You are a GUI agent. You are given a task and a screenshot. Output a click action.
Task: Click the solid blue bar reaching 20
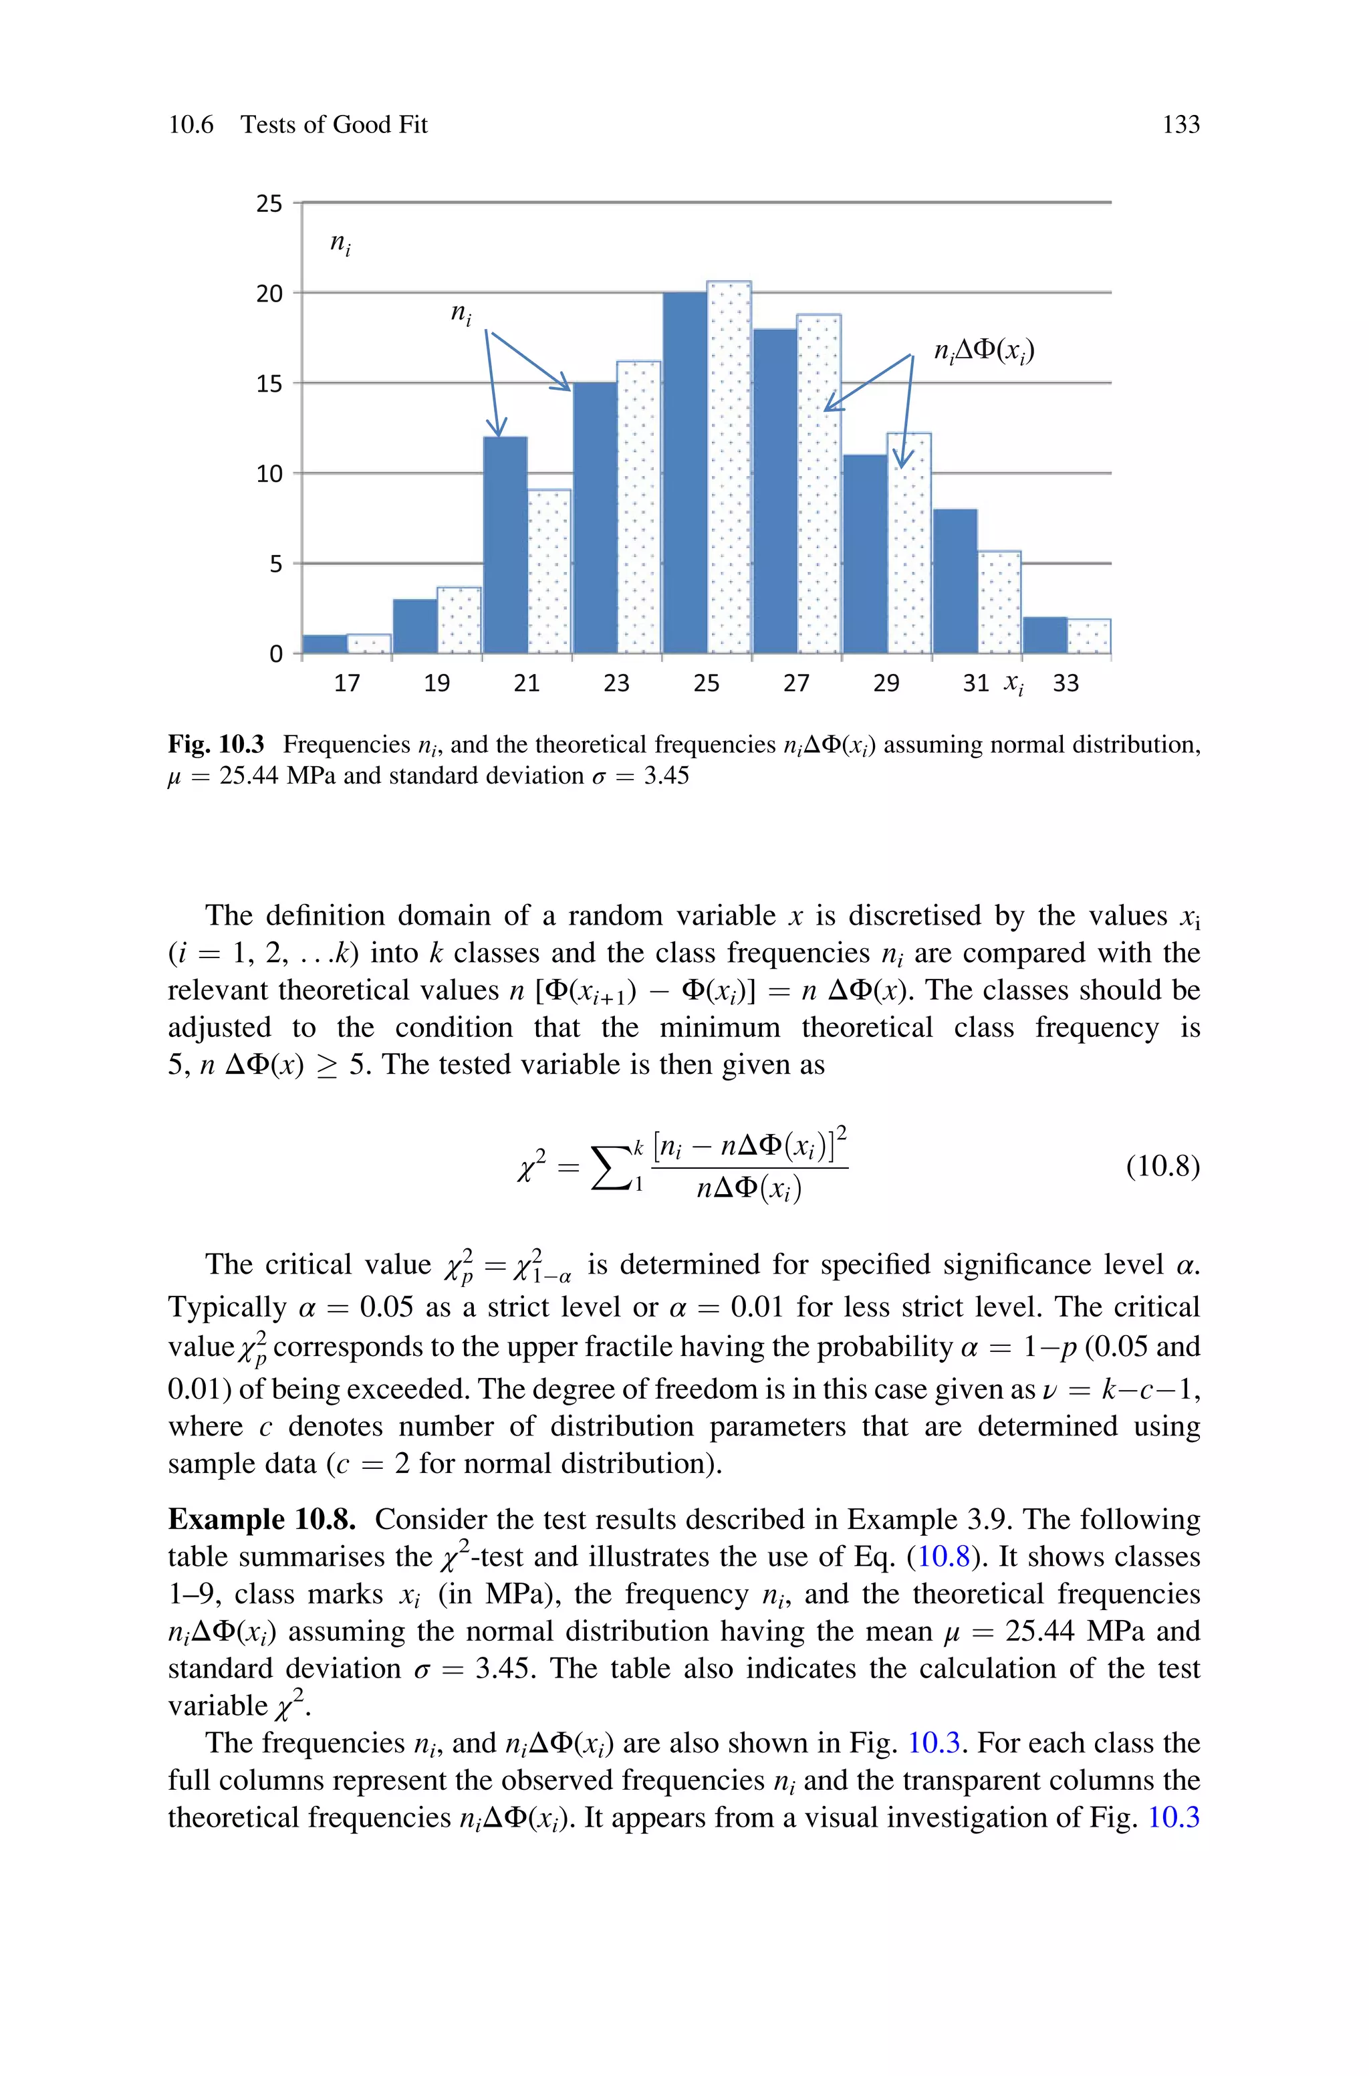coord(684,472)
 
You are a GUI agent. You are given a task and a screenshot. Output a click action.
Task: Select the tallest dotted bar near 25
coord(729,467)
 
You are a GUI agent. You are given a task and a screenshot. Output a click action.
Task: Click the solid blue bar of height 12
coord(505,545)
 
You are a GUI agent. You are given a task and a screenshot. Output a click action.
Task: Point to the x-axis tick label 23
coord(616,683)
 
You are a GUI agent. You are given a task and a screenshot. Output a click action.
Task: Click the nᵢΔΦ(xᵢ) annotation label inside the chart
coord(984,351)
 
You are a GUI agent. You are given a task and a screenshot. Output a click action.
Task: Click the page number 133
coord(1180,125)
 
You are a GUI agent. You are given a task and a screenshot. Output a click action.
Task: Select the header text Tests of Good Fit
coord(334,125)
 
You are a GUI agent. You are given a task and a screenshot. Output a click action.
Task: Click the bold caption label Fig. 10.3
coord(216,745)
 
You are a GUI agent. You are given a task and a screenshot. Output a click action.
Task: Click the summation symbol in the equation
coord(611,1167)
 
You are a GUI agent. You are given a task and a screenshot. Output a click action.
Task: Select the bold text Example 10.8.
coord(262,1520)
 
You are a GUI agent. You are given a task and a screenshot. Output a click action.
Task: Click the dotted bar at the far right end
coord(1089,637)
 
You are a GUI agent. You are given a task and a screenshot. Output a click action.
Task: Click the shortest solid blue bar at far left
coord(325,645)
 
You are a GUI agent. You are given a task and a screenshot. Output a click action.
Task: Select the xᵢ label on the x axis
coord(1013,683)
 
